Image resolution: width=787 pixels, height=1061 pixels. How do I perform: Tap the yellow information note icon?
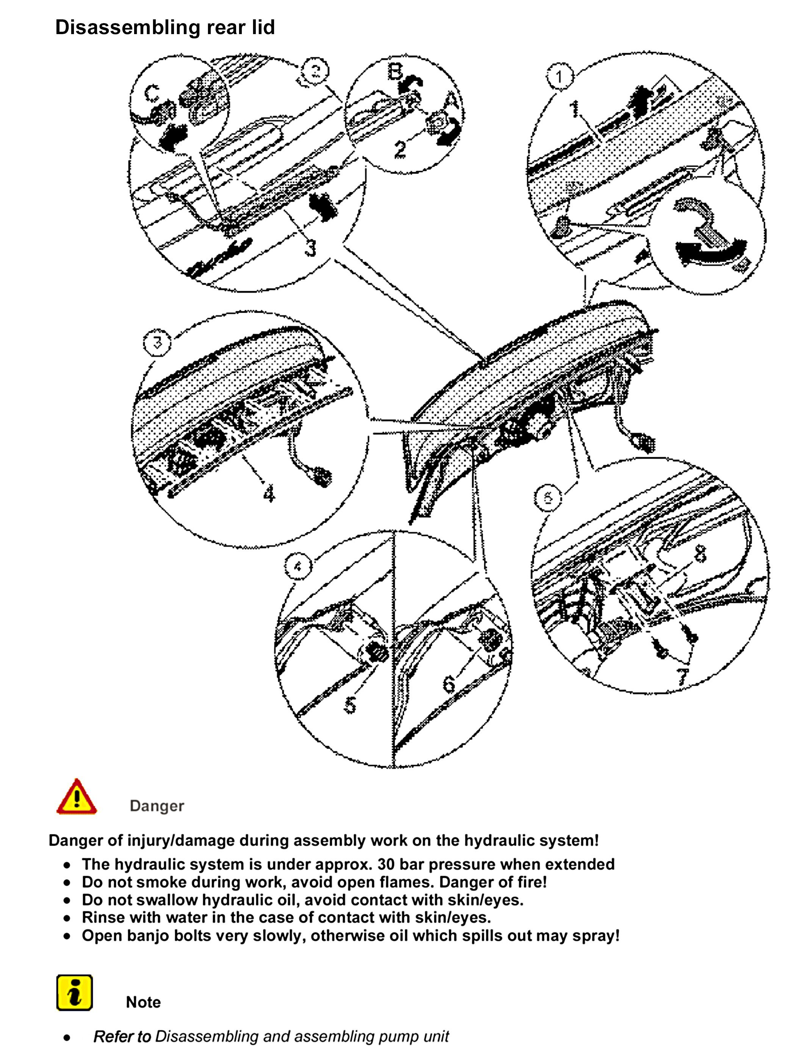click(x=74, y=993)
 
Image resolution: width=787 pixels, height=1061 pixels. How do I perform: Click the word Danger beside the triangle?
click(x=157, y=806)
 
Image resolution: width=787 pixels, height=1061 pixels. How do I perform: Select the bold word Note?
click(x=143, y=1002)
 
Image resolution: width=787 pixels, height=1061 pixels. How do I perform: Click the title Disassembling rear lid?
click(x=165, y=27)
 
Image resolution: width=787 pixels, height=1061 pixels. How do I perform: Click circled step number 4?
click(x=298, y=567)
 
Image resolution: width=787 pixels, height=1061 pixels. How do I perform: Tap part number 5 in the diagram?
click(x=350, y=704)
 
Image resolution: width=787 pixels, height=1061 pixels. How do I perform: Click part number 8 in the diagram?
click(x=700, y=554)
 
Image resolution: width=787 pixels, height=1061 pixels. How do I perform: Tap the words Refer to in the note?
click(x=122, y=1036)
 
